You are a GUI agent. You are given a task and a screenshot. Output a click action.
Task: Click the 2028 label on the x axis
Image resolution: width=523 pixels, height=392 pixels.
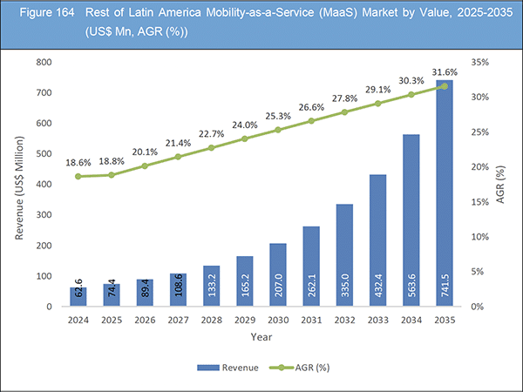[x=211, y=319]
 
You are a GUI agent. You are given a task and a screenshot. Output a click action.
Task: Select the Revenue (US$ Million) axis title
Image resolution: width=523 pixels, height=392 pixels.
[x=20, y=185]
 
